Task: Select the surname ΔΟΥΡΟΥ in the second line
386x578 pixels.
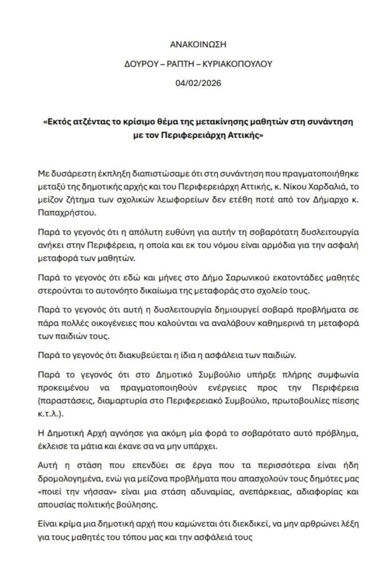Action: [x=140, y=64]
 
